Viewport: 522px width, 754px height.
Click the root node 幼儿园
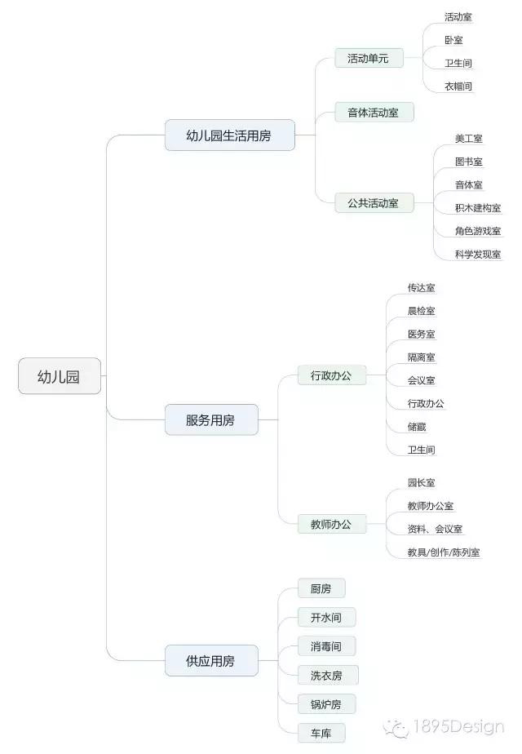click(x=60, y=376)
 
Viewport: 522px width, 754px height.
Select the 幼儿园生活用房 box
click(x=230, y=135)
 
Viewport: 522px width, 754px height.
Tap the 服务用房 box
click(x=211, y=419)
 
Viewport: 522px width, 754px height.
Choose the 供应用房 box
click(x=211, y=661)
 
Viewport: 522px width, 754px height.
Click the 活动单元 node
click(x=369, y=58)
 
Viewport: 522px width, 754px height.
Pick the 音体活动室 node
click(x=374, y=112)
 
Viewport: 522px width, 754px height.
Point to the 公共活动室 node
click(x=374, y=203)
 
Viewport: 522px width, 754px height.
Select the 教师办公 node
click(x=332, y=524)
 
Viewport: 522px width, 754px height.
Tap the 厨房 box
click(x=321, y=588)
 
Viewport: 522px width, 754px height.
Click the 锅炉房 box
click(x=326, y=704)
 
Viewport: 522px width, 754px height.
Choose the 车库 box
click(x=321, y=733)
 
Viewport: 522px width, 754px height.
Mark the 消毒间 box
click(x=326, y=645)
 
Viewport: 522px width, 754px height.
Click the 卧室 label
click(x=453, y=40)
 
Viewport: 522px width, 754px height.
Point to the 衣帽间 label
click(x=458, y=86)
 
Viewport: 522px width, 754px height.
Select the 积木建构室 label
click(x=478, y=208)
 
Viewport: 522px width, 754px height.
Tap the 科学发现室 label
click(x=478, y=254)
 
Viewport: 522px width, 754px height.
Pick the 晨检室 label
click(x=422, y=311)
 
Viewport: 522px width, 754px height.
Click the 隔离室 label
click(x=422, y=357)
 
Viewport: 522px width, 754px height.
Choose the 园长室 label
click(x=422, y=482)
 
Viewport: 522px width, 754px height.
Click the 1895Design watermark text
click(x=459, y=726)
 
